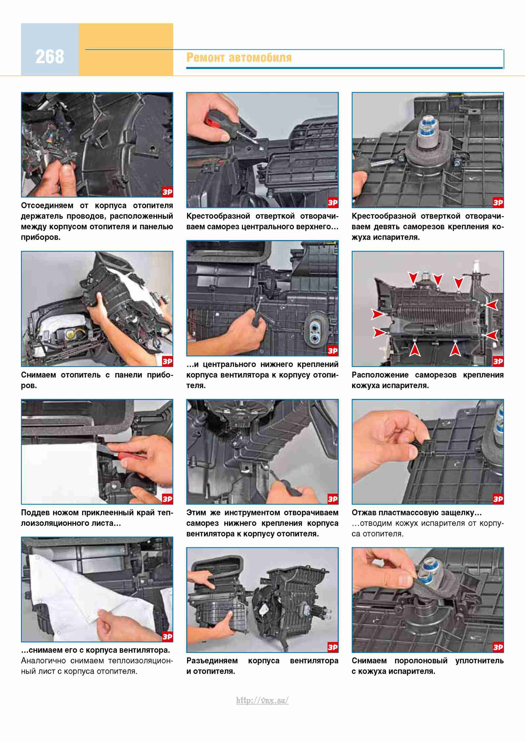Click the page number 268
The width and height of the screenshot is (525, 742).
coord(50,56)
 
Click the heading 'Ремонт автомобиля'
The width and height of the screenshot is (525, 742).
coord(239,57)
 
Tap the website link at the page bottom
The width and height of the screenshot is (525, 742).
coord(262,700)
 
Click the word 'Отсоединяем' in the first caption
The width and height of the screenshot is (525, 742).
coord(47,206)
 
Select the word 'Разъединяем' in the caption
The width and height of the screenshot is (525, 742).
coord(212,661)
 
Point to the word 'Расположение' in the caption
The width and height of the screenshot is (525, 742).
coord(380,375)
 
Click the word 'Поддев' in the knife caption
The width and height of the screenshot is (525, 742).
coord(35,513)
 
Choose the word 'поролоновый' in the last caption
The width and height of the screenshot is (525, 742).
coord(421,661)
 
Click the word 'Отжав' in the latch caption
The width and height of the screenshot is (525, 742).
coord(364,513)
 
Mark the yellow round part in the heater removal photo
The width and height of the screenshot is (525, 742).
coord(70,335)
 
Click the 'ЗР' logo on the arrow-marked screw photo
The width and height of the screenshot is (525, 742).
coord(498,361)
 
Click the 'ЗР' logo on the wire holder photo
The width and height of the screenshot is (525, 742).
coord(167,192)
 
